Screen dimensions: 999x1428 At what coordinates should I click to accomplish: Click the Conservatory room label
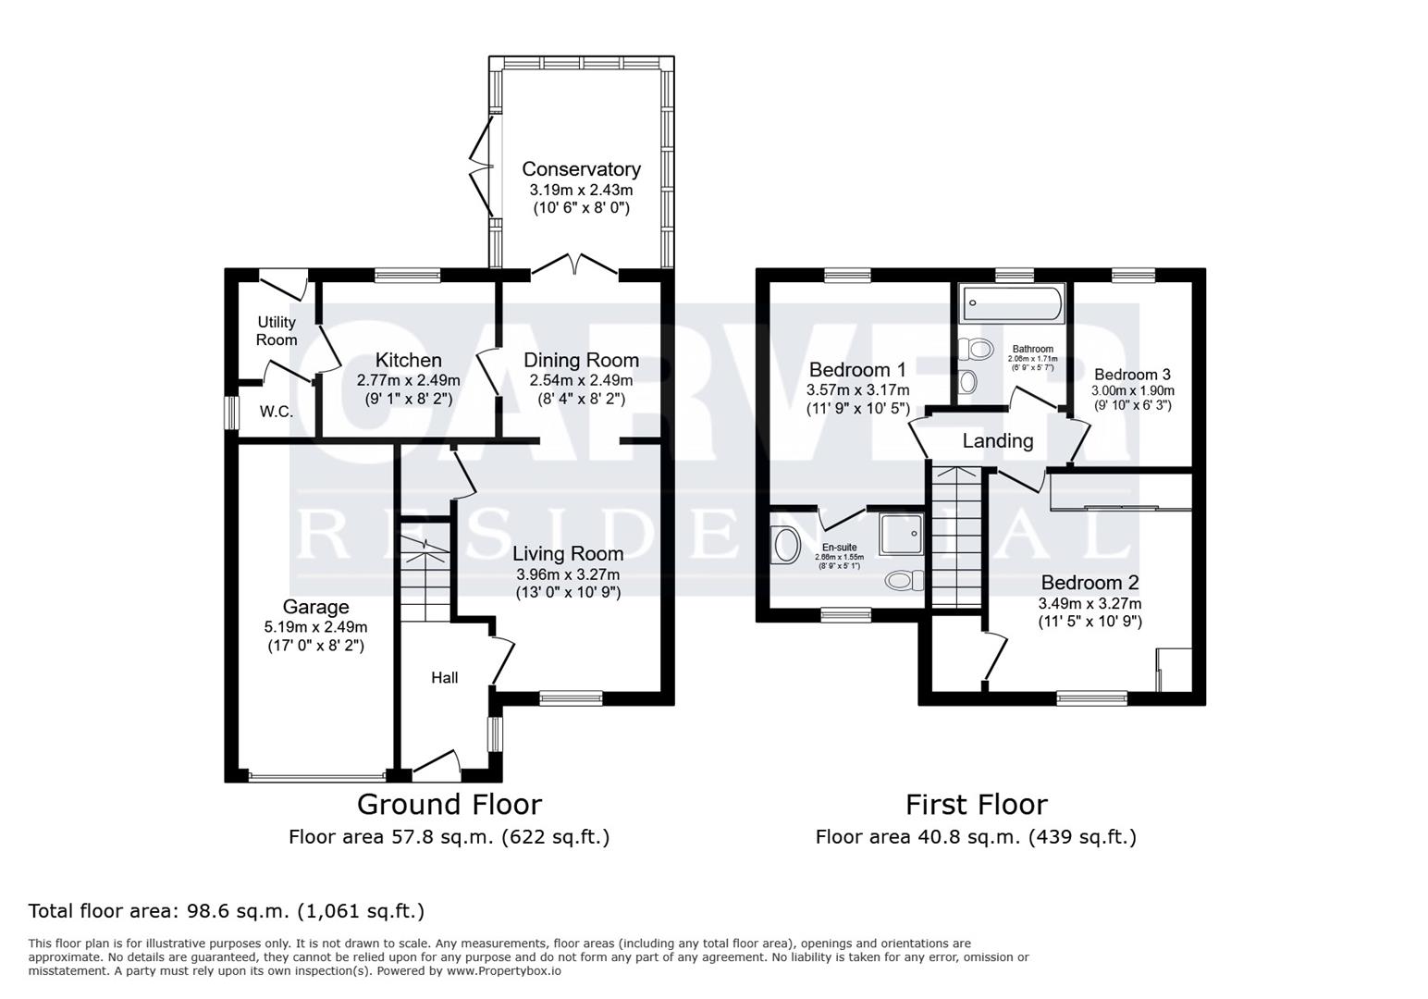(581, 169)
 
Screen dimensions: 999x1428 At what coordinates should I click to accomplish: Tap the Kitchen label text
(408, 360)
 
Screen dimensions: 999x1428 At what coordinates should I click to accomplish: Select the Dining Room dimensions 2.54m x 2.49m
(581, 380)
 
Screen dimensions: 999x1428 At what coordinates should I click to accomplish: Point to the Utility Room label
(277, 330)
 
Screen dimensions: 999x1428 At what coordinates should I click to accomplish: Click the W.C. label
(276, 412)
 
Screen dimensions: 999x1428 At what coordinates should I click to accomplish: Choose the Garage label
(315, 607)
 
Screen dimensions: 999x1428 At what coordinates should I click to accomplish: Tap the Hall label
(444, 678)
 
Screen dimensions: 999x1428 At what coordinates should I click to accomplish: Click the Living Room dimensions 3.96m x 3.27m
(568, 574)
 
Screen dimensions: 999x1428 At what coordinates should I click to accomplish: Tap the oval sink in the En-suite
(786, 545)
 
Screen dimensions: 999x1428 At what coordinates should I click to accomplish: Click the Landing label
(997, 441)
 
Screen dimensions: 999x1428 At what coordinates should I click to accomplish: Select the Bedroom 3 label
(1132, 375)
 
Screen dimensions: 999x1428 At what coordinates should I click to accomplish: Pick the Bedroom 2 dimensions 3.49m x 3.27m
(1089, 604)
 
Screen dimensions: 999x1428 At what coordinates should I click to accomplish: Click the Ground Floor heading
(449, 804)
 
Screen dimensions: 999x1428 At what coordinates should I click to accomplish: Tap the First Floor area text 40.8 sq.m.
(976, 837)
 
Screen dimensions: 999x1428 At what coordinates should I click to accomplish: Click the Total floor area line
(227, 911)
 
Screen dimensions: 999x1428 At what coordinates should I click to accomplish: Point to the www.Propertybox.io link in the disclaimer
(505, 971)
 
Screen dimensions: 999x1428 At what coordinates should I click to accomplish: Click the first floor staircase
(955, 536)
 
